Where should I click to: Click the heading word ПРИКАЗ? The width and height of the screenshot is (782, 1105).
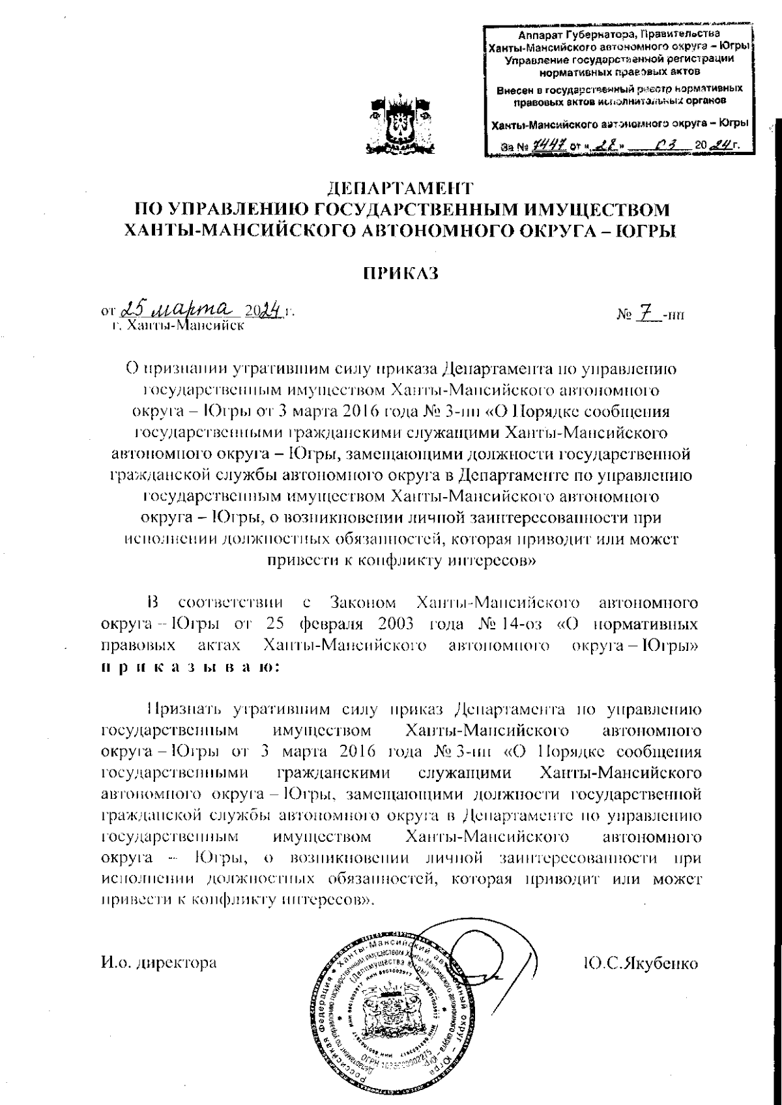point(399,273)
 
